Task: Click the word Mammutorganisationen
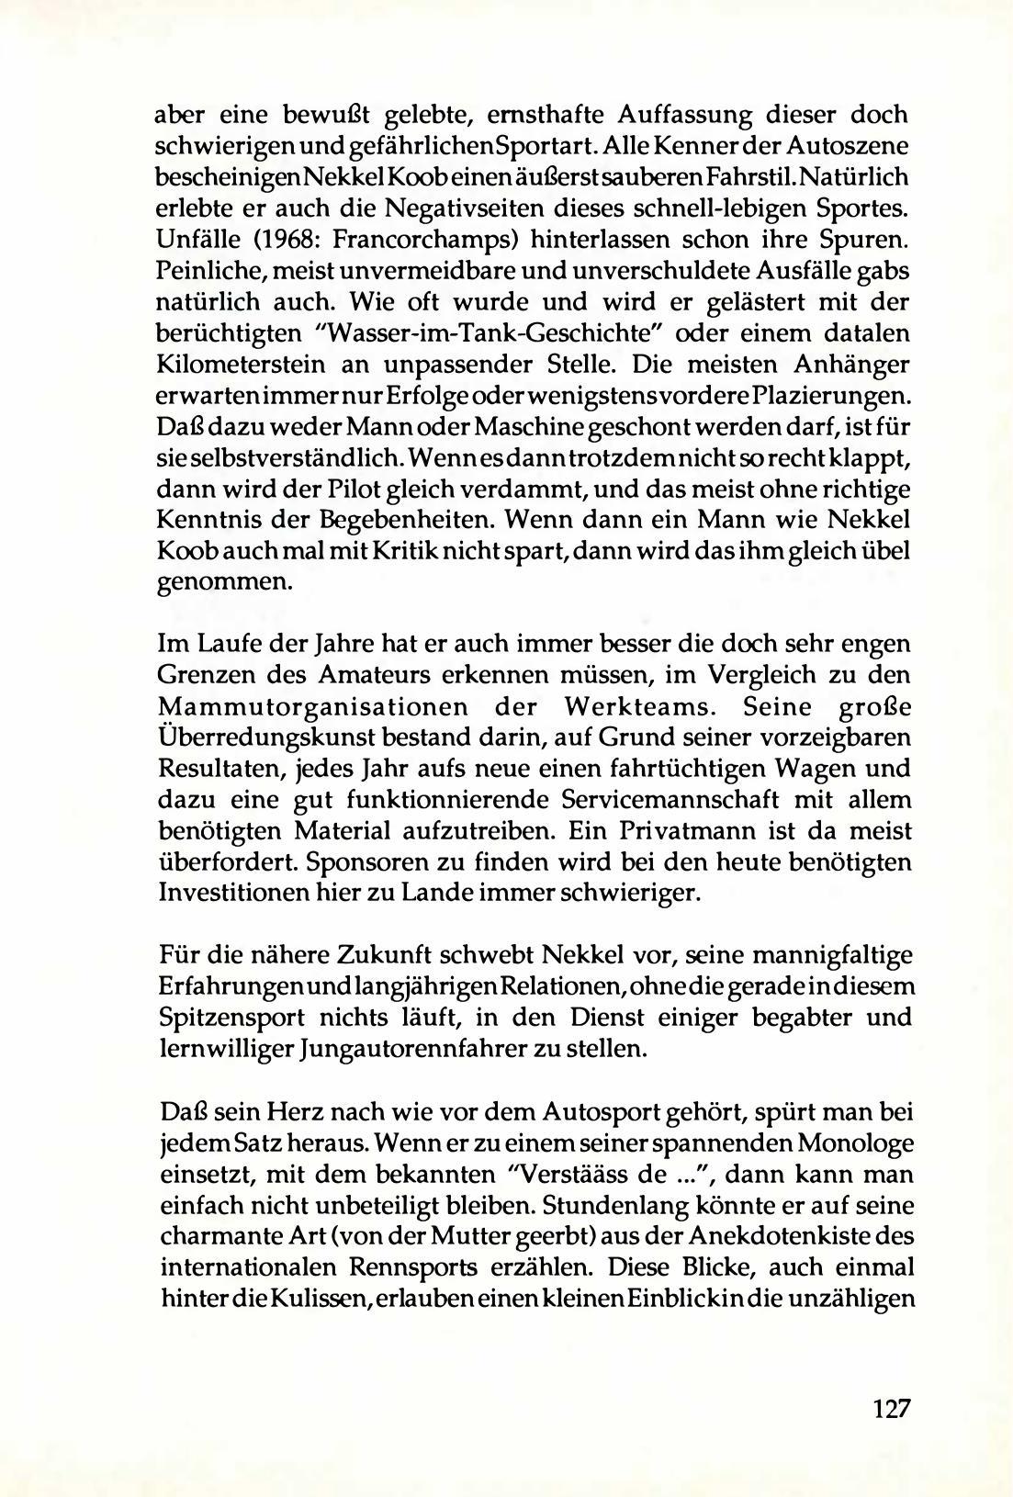(x=318, y=708)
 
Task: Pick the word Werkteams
(x=625, y=708)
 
